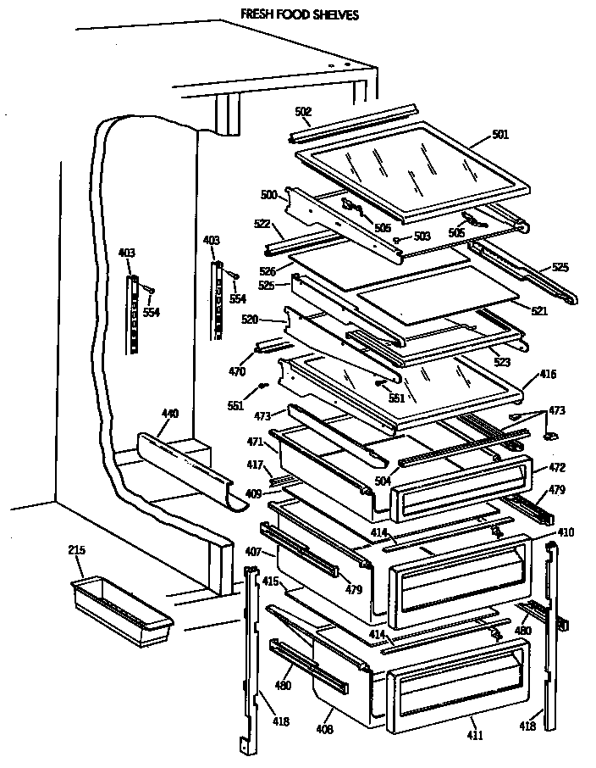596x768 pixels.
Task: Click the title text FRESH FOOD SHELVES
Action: point(287,14)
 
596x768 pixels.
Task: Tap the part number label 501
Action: point(501,133)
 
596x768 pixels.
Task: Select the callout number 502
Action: point(304,112)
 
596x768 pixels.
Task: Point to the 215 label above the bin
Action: point(76,551)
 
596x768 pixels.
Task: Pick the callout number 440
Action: point(170,414)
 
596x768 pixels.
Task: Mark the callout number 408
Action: point(325,728)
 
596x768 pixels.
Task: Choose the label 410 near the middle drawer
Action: point(566,533)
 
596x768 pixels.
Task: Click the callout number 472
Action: point(557,467)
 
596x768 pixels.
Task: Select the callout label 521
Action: point(539,311)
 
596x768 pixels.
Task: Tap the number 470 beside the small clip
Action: point(237,371)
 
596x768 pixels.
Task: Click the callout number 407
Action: point(253,553)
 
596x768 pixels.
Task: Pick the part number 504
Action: point(382,481)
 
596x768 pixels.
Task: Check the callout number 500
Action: point(268,194)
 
